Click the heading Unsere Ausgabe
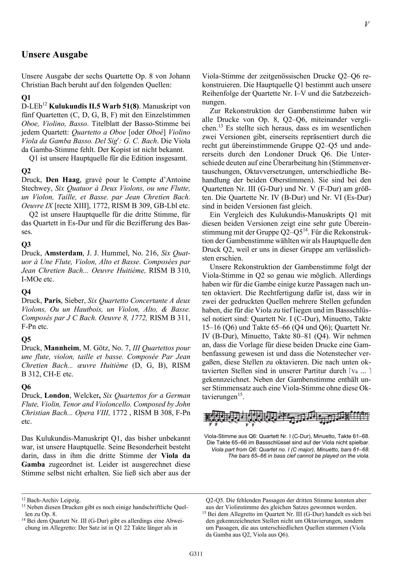pyautogui.click(x=55, y=55)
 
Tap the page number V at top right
pyautogui.click(x=367, y=24)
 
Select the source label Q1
pyautogui.click(x=26, y=98)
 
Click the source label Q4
pyautogui.click(x=26, y=291)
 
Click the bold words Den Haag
pyautogui.click(x=63, y=180)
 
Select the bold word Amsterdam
pyautogui.click(x=64, y=253)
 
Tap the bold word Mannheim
pyautogui.click(x=62, y=348)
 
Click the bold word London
pyautogui.click(x=57, y=396)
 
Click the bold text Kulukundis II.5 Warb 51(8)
pyautogui.click(x=94, y=106)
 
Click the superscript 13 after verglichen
pyautogui.click(x=221, y=126)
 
